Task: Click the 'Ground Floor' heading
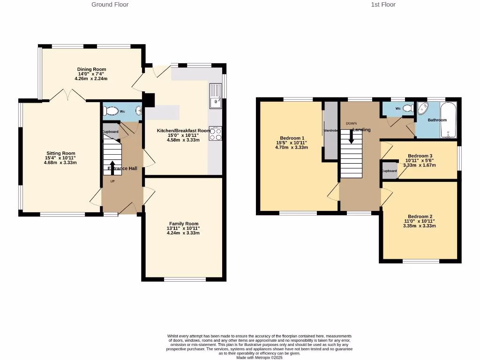(x=110, y=5)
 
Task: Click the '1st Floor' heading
(x=383, y=5)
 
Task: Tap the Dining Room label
(x=91, y=69)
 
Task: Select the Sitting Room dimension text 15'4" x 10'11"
(x=60, y=158)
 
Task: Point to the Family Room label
(x=184, y=224)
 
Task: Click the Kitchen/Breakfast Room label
(x=184, y=131)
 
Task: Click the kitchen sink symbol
(x=216, y=96)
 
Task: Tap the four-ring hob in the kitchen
(x=215, y=134)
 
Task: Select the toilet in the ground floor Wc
(x=112, y=111)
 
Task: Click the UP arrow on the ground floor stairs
(x=112, y=167)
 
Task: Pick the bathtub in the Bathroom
(x=448, y=120)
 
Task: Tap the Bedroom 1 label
(x=291, y=138)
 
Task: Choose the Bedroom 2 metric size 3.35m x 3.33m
(x=420, y=226)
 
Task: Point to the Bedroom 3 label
(x=420, y=156)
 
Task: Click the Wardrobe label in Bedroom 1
(x=330, y=130)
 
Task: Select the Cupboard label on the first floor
(x=389, y=171)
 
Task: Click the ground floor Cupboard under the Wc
(x=110, y=132)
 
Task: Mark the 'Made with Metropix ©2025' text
(x=259, y=358)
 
